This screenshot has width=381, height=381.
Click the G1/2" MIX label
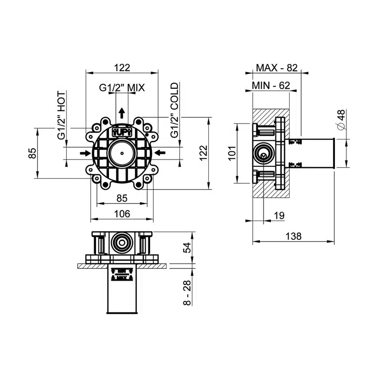pos(121,88)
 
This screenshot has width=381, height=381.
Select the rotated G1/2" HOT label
pos(62,115)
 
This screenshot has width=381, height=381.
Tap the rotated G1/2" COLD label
pos(174,110)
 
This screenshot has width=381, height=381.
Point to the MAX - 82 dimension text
pos(277,68)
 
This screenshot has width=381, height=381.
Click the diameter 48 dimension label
pos(341,120)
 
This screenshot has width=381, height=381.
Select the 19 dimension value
pos(279,216)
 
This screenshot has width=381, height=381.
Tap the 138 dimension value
pos(294,236)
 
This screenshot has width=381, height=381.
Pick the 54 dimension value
pos(188,247)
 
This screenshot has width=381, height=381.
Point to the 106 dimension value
pos(121,214)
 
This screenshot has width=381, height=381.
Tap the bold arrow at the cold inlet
pos(159,153)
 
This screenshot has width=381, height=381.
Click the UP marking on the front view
pos(121,132)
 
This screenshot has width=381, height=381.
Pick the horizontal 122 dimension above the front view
pos(121,68)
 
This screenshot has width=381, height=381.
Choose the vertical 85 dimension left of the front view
pos(32,154)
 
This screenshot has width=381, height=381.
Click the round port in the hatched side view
pos(262,154)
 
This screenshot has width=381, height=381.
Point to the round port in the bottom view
pos(121,243)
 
